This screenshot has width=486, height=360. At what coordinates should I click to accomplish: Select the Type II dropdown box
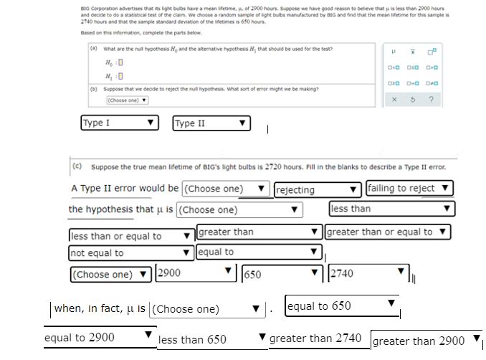(211, 123)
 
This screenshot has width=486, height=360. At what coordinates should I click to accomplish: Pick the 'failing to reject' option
(409, 189)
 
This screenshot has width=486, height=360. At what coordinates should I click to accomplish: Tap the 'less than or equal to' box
(131, 236)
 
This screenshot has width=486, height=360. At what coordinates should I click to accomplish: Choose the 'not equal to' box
(131, 252)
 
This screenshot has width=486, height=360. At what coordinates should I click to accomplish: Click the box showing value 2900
(195, 273)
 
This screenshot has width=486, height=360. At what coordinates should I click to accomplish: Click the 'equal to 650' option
(340, 305)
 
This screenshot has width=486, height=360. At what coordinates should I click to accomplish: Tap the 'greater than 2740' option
(318, 338)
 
